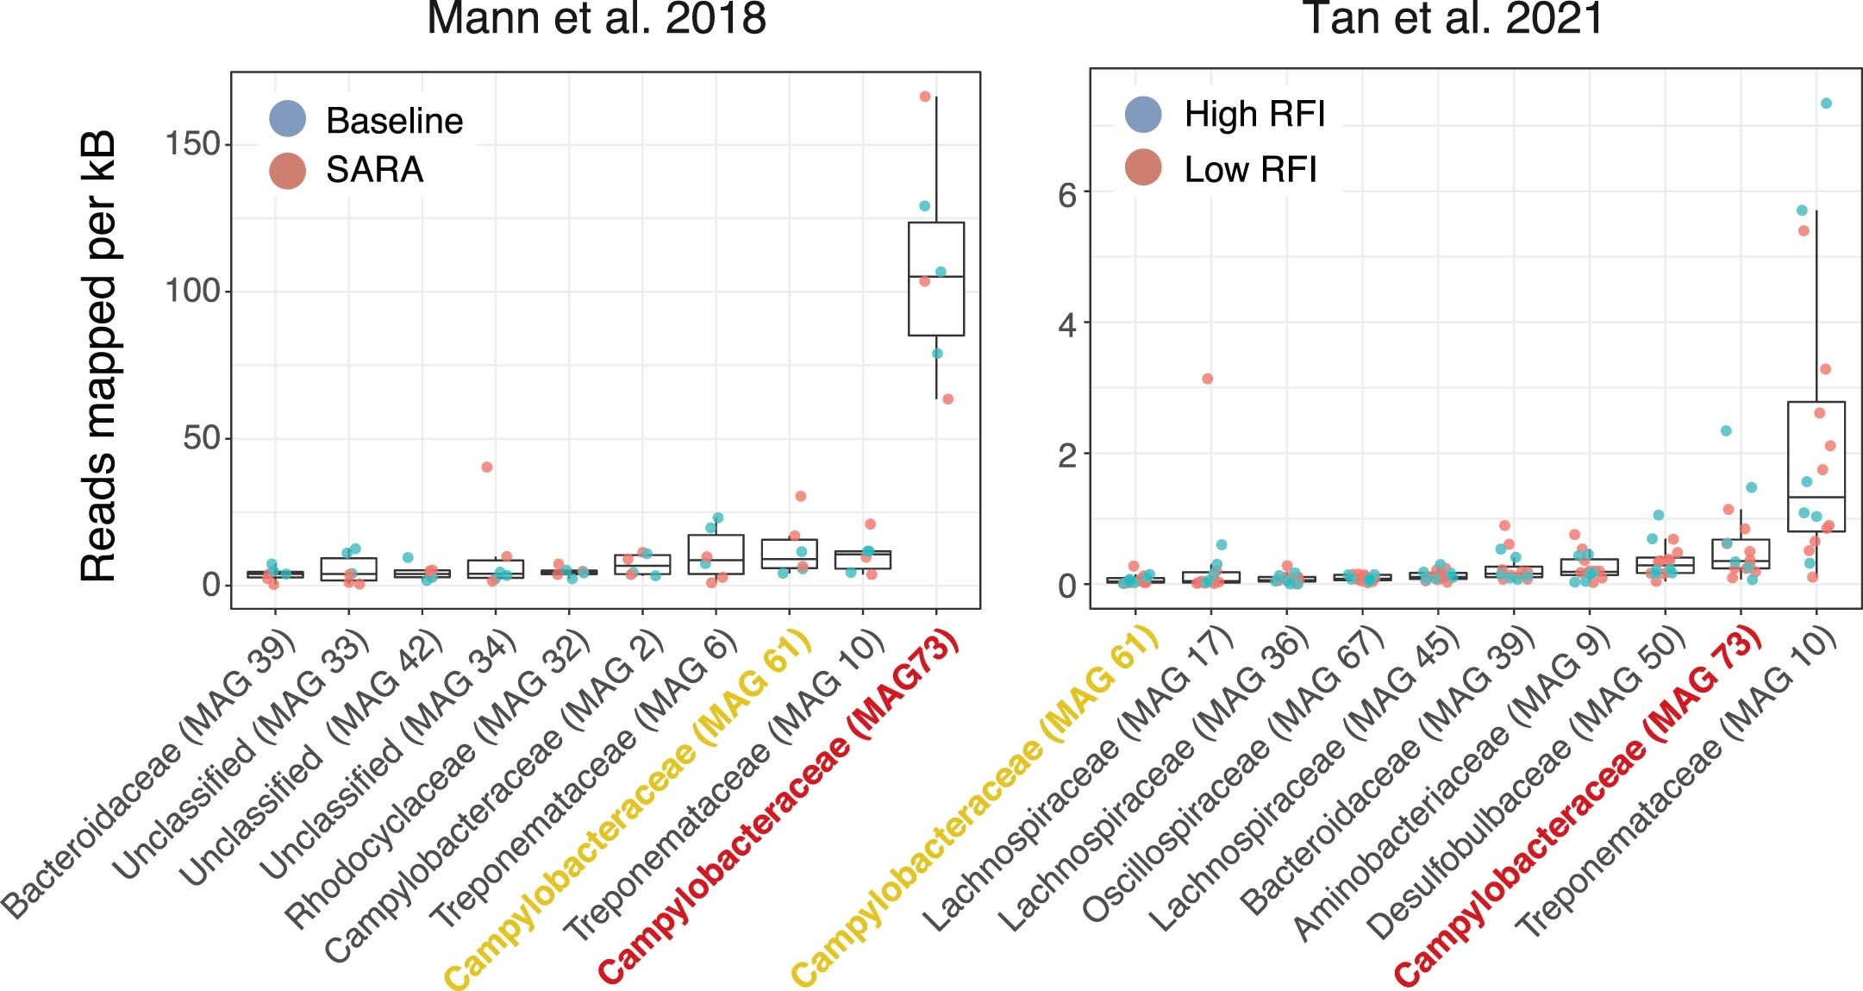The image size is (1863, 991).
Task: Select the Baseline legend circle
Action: (287, 119)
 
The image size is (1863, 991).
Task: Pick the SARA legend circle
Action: (287, 170)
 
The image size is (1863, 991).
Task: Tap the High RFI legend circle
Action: (1143, 114)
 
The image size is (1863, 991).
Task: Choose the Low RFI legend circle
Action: (1143, 168)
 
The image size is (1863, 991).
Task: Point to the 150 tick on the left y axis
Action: (191, 144)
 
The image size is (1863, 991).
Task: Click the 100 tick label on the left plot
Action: (191, 292)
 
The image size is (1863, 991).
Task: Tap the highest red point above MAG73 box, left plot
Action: (924, 97)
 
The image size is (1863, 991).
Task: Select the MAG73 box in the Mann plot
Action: (936, 279)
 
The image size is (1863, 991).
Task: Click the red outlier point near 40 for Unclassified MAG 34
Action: (487, 467)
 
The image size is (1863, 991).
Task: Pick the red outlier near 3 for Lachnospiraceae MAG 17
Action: (1208, 379)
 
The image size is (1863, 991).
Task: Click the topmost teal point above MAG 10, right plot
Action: (1826, 103)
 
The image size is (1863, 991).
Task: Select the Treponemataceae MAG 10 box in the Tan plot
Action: (1816, 467)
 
